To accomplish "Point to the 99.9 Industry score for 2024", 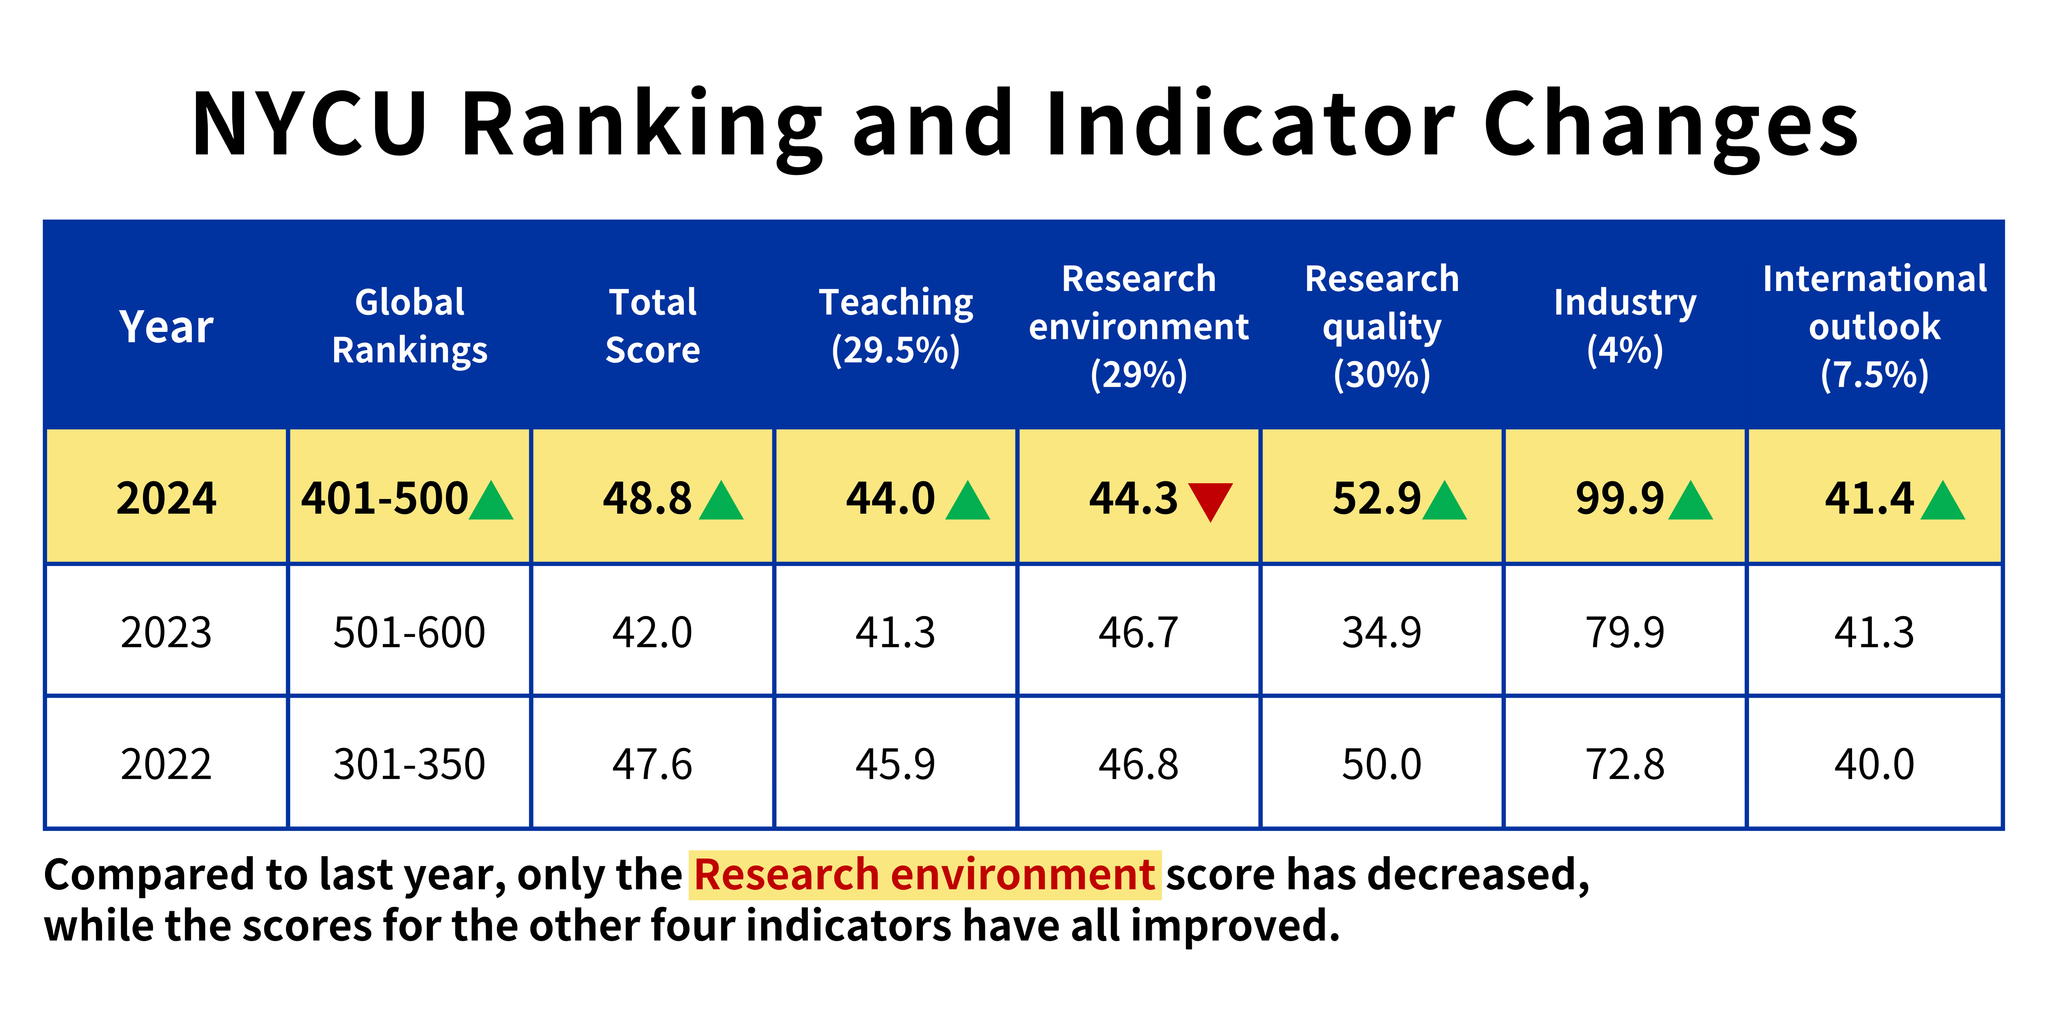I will [x=1620, y=499].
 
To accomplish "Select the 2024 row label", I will [x=166, y=499].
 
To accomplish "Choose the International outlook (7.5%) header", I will [x=1874, y=326].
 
